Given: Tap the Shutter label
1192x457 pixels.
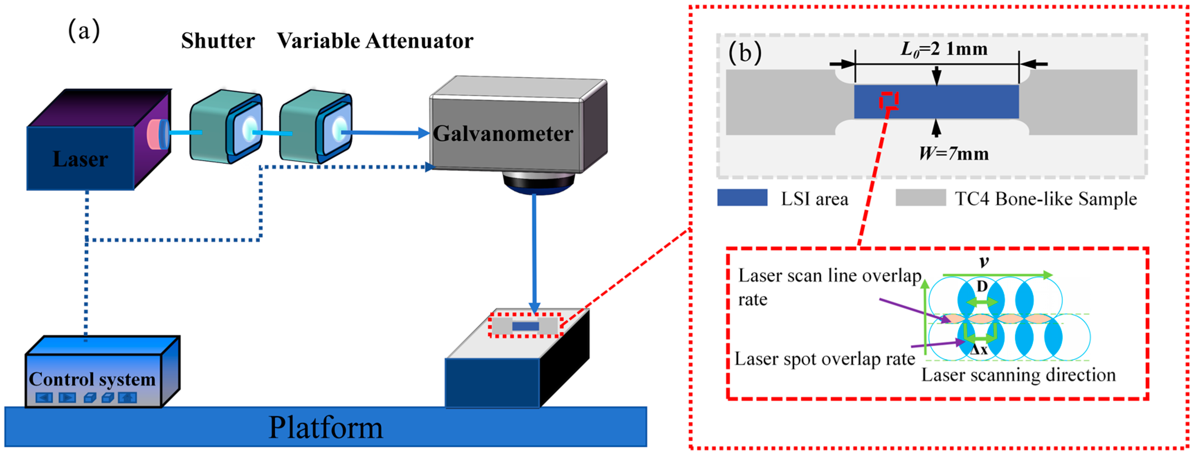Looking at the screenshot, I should (218, 41).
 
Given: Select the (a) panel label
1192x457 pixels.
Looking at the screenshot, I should (84, 32).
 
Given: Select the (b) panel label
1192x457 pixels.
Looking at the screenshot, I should (745, 52).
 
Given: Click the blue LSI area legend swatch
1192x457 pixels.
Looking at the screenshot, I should (742, 198).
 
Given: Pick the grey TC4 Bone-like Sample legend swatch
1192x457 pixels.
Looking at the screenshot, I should (920, 198).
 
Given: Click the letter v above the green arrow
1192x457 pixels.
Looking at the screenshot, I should (984, 262).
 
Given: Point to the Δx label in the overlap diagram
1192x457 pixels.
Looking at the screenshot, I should (979, 350).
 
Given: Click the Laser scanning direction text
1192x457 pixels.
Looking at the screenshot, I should (1018, 375).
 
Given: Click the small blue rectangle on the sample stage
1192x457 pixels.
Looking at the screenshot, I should (525, 326).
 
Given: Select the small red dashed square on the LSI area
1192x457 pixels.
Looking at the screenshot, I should (889, 100).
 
